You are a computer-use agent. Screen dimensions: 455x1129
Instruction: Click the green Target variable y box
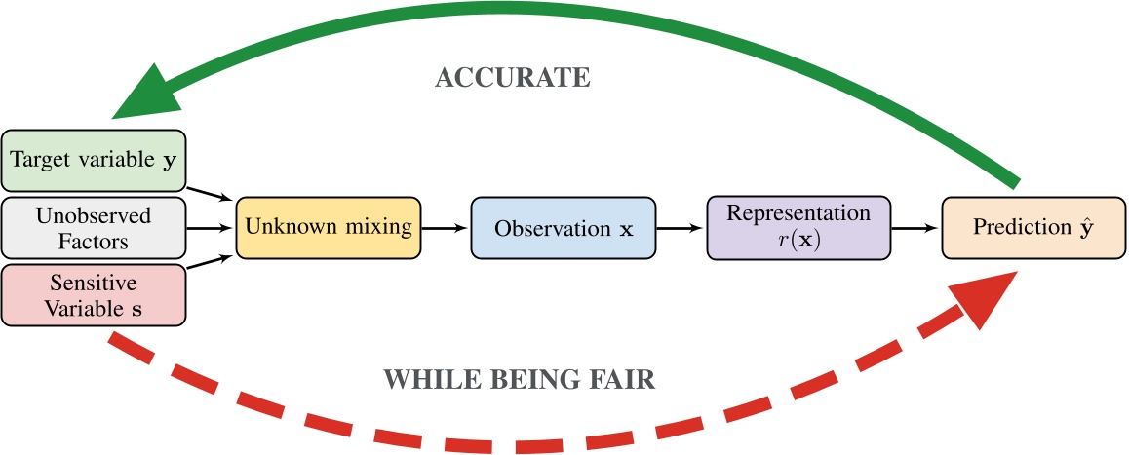(94, 161)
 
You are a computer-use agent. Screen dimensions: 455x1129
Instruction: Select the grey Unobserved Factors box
(94, 227)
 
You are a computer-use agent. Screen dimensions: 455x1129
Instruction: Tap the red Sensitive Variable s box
(94, 295)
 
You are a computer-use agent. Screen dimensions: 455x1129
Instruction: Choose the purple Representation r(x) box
(798, 228)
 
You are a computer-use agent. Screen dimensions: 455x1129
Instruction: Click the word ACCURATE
(512, 79)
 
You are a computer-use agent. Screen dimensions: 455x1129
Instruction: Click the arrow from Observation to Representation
(680, 229)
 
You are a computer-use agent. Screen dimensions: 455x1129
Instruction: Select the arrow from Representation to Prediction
(915, 229)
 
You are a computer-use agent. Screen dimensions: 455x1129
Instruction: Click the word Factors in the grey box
(94, 239)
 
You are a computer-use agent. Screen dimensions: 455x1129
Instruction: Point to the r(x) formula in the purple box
(798, 240)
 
